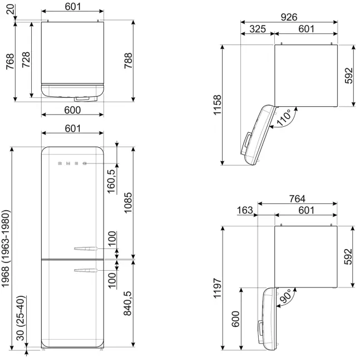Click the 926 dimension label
[x=289, y=17]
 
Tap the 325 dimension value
[x=258, y=29]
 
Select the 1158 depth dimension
[x=218, y=105]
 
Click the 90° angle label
[x=286, y=296]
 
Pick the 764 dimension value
[x=297, y=198]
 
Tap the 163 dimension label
[x=245, y=210]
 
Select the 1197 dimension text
[x=218, y=288]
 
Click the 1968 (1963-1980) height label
[x=6, y=248]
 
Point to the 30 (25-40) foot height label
[x=21, y=318]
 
